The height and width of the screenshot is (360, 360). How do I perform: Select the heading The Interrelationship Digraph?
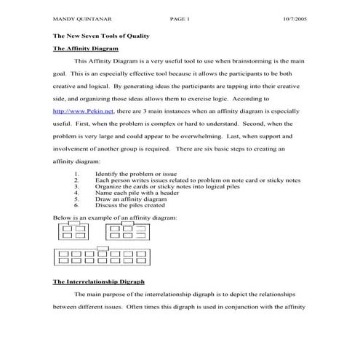pos(99,280)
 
